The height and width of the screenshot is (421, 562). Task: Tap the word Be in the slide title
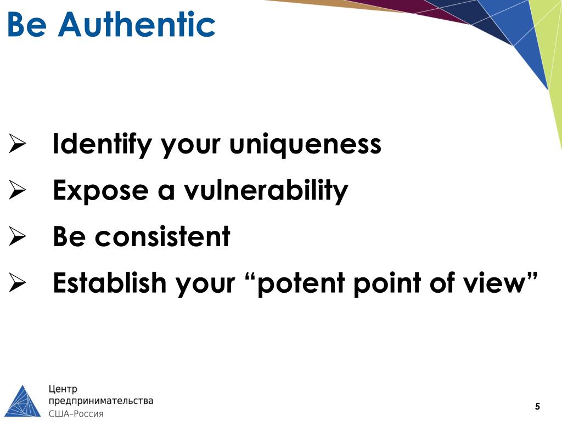pos(26,25)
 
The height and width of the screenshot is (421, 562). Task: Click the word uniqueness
pos(305,145)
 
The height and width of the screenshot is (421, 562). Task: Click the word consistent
pos(162,237)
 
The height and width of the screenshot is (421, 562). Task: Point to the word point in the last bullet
pos(391,283)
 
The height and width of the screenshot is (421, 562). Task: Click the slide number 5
pos(537,406)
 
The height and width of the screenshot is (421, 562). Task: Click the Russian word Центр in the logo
pos(64,389)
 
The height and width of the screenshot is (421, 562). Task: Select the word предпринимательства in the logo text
pos(102,401)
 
